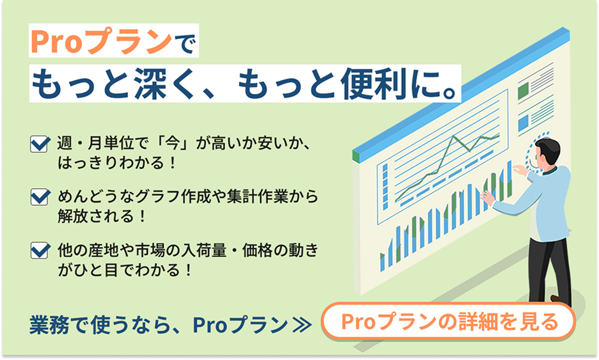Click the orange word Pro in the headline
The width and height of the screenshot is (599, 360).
pos(56,41)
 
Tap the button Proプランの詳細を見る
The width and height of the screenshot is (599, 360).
pos(449,322)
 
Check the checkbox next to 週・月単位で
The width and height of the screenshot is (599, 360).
pos(40,145)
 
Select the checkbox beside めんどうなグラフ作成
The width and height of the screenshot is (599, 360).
pos(40,198)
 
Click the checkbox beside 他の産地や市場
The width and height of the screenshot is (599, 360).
pos(40,251)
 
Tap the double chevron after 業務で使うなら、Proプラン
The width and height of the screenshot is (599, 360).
pos(302,325)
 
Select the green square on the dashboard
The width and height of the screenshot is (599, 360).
pos(523,91)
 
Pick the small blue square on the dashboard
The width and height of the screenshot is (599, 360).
pos(523,123)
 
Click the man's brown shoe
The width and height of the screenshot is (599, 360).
pos(555,298)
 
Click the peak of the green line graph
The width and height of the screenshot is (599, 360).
pos(454,136)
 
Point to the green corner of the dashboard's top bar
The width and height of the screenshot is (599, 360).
pos(356,156)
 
